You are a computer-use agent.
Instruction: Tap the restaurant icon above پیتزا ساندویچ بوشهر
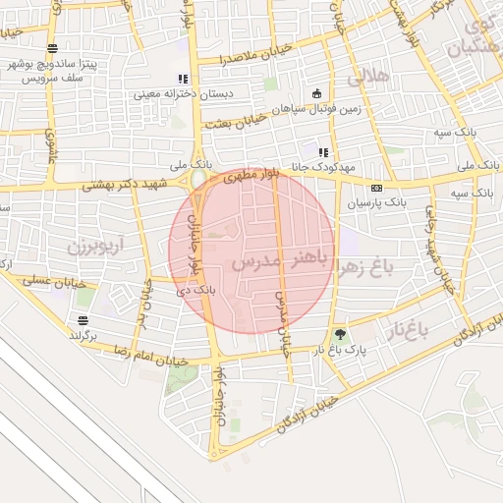click(x=51, y=48)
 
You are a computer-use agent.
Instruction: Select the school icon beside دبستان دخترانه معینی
click(x=181, y=79)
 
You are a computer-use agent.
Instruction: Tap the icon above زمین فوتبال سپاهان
click(x=315, y=94)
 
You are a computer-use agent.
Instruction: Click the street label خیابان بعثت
click(x=233, y=123)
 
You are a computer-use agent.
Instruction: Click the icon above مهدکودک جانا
click(x=323, y=152)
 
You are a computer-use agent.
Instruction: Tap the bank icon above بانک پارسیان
click(x=375, y=187)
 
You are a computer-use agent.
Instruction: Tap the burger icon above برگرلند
click(x=82, y=320)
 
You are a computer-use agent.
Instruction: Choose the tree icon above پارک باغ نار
click(x=340, y=334)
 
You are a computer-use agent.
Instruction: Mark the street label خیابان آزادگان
click(x=306, y=414)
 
